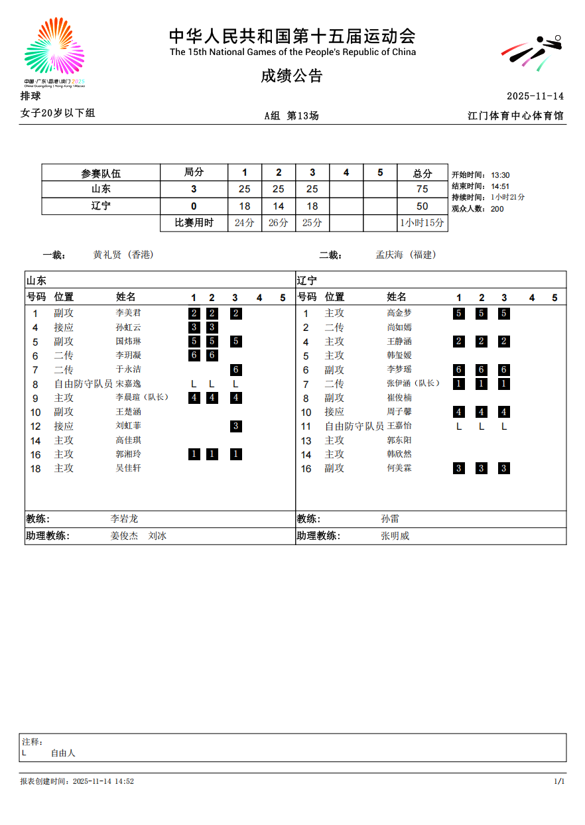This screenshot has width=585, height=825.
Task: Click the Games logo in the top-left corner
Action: [x=54, y=52]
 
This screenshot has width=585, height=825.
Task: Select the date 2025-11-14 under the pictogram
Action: [x=535, y=96]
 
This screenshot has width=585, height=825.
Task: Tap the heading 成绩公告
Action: [x=291, y=76]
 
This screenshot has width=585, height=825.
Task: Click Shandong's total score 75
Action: [x=422, y=189]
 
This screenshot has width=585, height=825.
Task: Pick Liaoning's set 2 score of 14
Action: [x=279, y=206]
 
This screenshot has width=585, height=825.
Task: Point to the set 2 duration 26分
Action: [x=279, y=223]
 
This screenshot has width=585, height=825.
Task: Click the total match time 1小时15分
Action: [x=422, y=223]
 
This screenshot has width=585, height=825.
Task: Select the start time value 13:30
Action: [x=500, y=175]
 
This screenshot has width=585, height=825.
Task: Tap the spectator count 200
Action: [x=497, y=209]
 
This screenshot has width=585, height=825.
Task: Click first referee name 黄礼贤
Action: [x=107, y=255]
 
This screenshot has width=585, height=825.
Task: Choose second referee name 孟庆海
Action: [x=389, y=255]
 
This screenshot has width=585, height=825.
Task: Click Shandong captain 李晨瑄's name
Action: [x=129, y=397]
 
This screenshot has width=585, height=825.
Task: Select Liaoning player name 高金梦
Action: [x=399, y=313]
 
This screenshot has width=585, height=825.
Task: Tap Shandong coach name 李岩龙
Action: [x=124, y=519]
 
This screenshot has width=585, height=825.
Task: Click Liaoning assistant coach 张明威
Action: [x=395, y=536]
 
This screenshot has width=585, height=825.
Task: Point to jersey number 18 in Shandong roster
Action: [x=36, y=469]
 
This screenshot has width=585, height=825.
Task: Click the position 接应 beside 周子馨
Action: [x=334, y=412]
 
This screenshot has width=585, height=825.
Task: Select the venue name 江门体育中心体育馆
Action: [x=515, y=115]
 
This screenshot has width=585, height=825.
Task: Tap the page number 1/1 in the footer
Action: [x=558, y=781]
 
